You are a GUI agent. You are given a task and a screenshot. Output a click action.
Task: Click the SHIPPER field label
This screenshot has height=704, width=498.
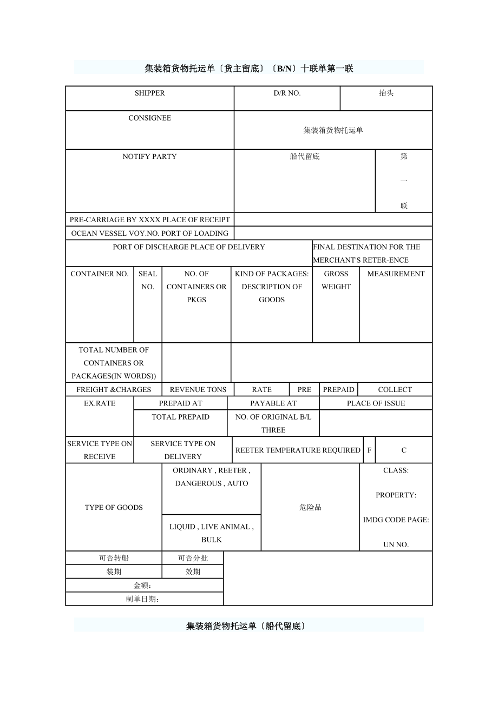point(150,93)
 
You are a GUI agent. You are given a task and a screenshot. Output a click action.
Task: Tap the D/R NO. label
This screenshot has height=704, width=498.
point(287,93)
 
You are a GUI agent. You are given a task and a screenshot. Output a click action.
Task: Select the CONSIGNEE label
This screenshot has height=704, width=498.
point(150,118)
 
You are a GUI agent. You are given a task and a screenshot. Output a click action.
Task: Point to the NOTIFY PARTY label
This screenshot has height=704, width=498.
point(150,157)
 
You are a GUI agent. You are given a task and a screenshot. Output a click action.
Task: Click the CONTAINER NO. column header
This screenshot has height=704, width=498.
point(100,274)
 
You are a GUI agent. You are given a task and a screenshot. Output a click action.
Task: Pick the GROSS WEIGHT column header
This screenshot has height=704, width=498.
point(336,280)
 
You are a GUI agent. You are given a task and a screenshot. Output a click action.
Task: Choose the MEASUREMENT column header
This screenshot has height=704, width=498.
point(396,274)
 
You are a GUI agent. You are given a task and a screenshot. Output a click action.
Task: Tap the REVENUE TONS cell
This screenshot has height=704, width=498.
point(198,390)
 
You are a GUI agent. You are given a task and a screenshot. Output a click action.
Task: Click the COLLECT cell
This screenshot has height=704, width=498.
point(395,390)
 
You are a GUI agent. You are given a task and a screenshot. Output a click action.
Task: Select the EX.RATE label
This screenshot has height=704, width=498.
point(100,403)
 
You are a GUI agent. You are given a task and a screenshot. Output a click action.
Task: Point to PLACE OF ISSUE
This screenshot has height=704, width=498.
point(376,403)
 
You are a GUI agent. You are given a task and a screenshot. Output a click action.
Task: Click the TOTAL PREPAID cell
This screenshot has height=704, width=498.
point(180,417)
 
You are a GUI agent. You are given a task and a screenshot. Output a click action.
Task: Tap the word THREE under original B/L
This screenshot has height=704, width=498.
point(273,430)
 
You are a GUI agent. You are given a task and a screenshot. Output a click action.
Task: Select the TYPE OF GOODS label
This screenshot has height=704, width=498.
point(114,508)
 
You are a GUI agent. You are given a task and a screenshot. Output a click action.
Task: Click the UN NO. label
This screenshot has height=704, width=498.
point(396,544)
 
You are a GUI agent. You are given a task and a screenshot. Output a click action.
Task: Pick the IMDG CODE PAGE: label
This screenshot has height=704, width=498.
point(396,520)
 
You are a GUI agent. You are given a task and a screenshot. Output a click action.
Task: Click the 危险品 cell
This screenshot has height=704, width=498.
point(310,508)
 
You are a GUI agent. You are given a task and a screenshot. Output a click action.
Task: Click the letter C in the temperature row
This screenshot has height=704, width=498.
point(404,450)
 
